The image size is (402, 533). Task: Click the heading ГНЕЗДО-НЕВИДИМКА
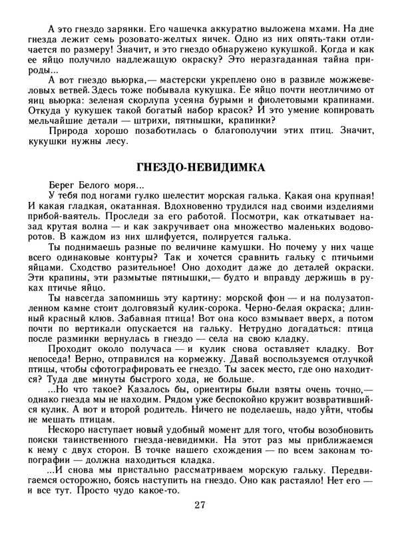pos(201,166)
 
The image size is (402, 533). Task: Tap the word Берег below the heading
pos(63,185)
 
